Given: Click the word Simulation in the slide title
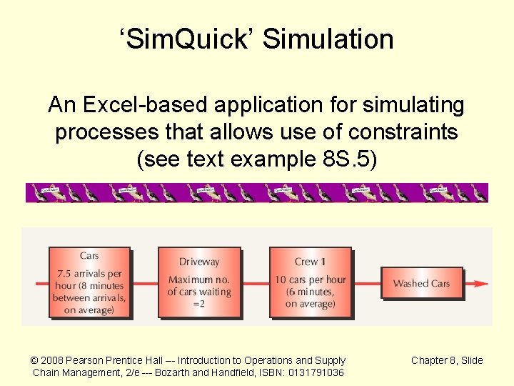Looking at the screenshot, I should point(328,39).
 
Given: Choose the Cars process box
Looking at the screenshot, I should point(89,282).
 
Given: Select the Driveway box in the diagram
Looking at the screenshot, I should point(199,282).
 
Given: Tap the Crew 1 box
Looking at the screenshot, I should point(310,282).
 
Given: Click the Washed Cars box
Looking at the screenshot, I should point(421,283).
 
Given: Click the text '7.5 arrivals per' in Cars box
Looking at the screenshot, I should point(89,273).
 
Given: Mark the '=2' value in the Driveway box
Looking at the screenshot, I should point(199,304).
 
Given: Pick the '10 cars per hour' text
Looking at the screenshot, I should point(310,279).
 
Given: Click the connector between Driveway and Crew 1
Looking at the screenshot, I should point(255,284).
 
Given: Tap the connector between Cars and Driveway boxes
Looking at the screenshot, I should point(144,284).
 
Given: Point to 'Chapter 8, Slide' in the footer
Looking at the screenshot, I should point(447,360).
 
